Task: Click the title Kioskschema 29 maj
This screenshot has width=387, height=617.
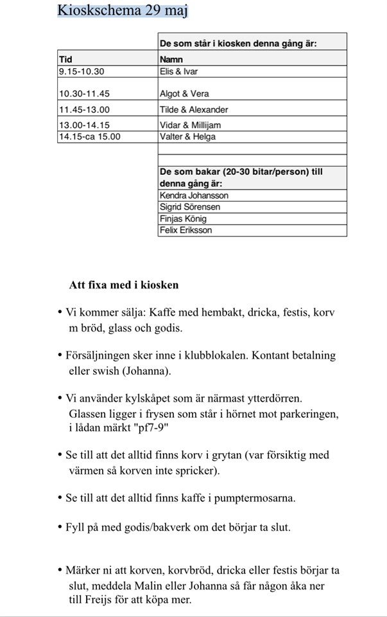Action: point(123,10)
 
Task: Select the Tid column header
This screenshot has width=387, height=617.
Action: point(65,59)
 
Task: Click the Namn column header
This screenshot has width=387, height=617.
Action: point(171,59)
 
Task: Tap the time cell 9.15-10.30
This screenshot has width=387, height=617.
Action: point(82,71)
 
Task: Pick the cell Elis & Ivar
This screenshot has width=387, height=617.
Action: point(179,71)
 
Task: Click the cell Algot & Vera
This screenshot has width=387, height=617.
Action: point(184,94)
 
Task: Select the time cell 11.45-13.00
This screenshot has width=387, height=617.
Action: point(84,109)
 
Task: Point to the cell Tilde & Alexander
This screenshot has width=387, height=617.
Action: point(194,109)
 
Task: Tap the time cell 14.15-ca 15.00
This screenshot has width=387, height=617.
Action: point(89,136)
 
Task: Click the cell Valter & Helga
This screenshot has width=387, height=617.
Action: point(187,136)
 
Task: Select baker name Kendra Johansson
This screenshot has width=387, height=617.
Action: point(194,195)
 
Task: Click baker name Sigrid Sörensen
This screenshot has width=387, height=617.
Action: point(191,207)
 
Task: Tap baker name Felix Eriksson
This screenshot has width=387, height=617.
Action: point(185,230)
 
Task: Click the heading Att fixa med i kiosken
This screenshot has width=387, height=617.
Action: point(124,285)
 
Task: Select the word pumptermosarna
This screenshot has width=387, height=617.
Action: point(257,497)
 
